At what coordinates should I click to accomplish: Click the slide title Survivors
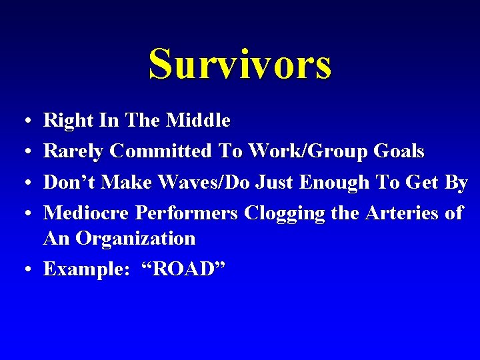240,65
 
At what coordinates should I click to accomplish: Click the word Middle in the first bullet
198,121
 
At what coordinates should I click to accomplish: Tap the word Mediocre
87,213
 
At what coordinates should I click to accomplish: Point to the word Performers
187,213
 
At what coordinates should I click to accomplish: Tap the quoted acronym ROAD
186,269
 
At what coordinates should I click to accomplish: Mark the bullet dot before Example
25,271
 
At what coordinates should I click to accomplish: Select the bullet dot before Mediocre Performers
25,215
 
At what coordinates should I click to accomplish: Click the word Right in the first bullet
65,121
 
